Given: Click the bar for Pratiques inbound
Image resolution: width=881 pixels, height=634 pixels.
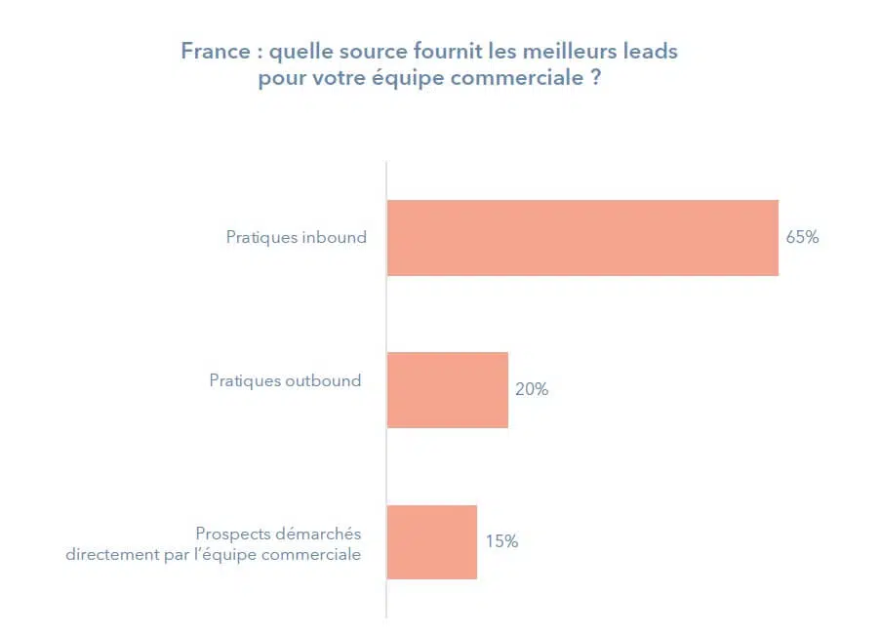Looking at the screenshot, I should (x=582, y=238).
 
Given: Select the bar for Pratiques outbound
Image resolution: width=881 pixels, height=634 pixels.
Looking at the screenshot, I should (x=448, y=390).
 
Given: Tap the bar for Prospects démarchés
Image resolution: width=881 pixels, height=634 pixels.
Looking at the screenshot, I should (x=432, y=542).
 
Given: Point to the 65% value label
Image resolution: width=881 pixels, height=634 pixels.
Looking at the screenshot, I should (x=802, y=237).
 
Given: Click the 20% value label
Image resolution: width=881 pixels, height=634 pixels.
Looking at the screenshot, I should (x=532, y=389).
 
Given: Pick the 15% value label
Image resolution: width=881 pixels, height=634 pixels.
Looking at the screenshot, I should (x=501, y=541).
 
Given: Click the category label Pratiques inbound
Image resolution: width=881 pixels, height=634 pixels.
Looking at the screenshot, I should (x=296, y=237).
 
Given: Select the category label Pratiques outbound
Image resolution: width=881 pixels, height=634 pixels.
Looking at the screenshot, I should (x=285, y=380).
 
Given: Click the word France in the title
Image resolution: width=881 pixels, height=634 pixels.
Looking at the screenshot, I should (x=214, y=51).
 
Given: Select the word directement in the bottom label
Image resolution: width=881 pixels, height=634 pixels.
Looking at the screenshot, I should (x=107, y=555).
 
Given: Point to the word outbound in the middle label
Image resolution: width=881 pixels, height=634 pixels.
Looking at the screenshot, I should (x=323, y=380).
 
